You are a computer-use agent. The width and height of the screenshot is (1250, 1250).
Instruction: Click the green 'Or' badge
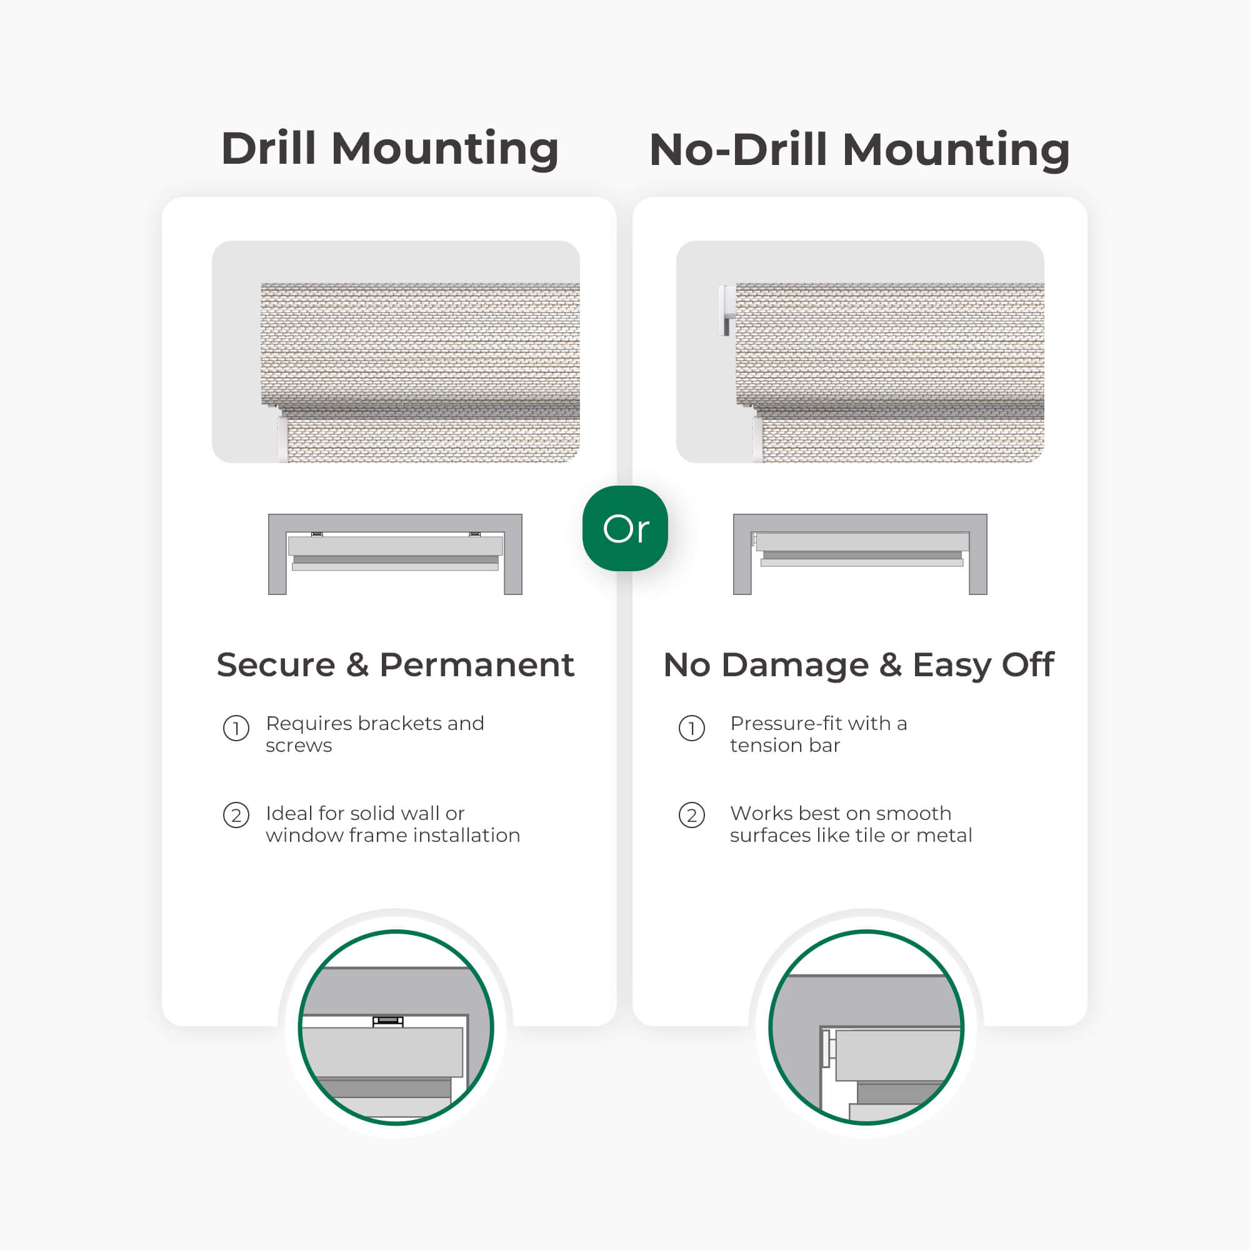(x=625, y=528)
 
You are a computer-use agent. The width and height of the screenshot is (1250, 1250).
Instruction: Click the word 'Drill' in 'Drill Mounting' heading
(x=269, y=148)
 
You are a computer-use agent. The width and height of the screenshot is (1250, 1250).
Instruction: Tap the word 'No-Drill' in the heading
(x=738, y=149)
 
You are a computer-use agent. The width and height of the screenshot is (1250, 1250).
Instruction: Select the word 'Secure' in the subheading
(x=276, y=664)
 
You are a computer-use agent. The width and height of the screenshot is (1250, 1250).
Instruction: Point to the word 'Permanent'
(x=476, y=664)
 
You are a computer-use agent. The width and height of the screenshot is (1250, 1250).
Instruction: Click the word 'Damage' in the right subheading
(x=794, y=666)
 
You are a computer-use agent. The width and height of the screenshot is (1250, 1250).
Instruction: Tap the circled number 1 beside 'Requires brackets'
(x=236, y=729)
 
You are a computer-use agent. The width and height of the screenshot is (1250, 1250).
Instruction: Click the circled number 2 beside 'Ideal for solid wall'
(x=236, y=815)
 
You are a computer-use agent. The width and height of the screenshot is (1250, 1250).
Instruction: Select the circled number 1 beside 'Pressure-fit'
(x=692, y=729)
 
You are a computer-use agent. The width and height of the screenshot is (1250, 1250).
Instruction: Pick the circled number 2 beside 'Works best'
(x=692, y=815)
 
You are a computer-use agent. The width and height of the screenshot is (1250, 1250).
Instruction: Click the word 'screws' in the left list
(x=299, y=746)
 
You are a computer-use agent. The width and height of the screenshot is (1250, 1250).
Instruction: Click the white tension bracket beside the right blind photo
(x=728, y=311)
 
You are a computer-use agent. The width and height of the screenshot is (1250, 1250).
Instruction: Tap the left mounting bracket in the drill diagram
(x=317, y=534)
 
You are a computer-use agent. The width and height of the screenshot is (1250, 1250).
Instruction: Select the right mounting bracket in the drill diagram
(x=475, y=534)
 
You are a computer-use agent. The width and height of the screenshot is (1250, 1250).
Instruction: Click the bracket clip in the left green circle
(x=388, y=1022)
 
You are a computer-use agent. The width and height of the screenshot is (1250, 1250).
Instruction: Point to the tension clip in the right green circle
(x=829, y=1048)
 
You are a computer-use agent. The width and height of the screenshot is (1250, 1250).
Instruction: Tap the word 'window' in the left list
(x=304, y=835)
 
